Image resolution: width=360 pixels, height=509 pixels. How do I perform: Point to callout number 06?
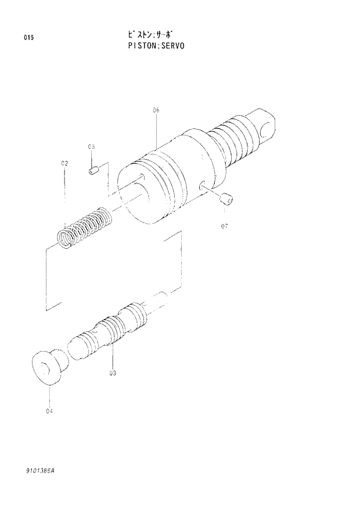tap(156, 109)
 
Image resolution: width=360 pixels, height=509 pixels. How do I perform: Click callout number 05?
tap(91, 146)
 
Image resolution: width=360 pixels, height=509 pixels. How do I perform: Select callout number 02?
tap(64, 164)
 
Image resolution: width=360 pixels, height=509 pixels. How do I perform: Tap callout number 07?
tap(224, 226)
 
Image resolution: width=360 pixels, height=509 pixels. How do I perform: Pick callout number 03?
tap(112, 374)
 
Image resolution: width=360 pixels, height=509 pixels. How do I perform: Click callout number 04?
tap(49, 411)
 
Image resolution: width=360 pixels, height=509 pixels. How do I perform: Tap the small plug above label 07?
tap(226, 199)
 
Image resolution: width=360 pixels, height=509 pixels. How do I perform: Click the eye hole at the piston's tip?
tap(267, 125)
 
